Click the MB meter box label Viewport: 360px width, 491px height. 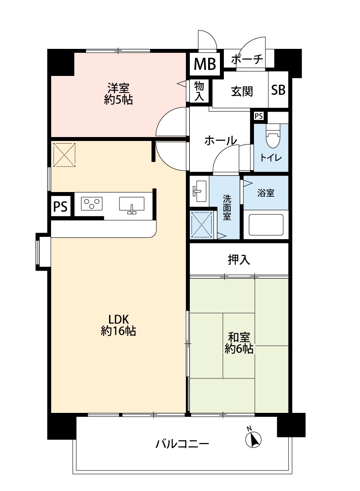(205, 64)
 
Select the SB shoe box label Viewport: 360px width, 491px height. (278, 90)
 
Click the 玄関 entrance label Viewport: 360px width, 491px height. (242, 91)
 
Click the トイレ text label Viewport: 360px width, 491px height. (271, 158)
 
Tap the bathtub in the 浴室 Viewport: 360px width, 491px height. (266, 225)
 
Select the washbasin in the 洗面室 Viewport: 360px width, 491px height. (199, 192)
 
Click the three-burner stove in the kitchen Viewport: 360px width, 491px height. (92, 203)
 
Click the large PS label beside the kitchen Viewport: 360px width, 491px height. (61, 206)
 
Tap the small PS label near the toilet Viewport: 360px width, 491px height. (259, 116)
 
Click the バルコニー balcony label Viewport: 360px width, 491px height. (182, 444)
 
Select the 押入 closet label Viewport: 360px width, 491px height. (239, 259)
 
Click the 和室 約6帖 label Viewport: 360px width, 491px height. (239, 343)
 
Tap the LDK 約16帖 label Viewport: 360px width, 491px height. (118, 325)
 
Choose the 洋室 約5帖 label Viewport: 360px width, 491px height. (118, 93)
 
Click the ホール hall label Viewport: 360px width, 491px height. (220, 140)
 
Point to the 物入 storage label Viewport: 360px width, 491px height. (199, 91)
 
